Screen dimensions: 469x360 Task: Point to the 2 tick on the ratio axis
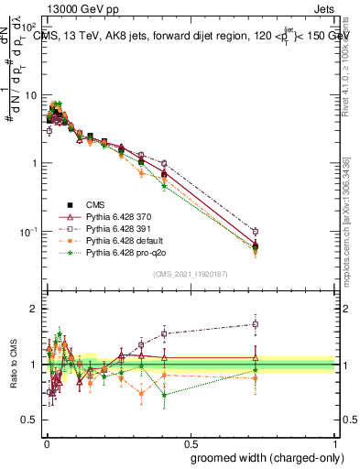(x=35, y=309)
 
